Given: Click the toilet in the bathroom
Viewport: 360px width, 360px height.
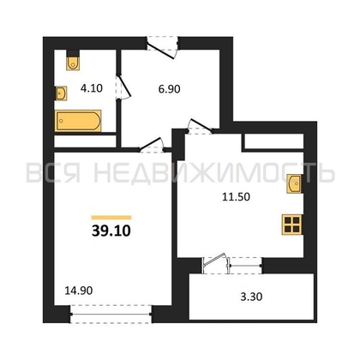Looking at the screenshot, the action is (73, 63).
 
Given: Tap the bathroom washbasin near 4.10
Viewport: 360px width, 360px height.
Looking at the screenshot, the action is (61, 93).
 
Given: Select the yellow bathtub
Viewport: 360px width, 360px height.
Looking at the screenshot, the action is (78, 121).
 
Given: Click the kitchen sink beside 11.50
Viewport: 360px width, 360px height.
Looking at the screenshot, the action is (295, 183).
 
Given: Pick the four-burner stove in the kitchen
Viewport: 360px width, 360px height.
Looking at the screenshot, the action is (292, 225).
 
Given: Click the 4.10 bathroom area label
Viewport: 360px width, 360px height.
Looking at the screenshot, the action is (92, 88).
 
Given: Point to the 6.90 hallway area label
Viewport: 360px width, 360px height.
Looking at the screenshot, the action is (169, 89).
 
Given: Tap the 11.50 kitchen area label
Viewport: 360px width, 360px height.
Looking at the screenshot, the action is (236, 197).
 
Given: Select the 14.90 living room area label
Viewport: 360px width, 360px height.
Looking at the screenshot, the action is (79, 291).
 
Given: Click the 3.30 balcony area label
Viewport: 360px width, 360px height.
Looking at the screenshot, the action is (251, 297).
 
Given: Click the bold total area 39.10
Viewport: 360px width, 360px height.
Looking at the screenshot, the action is (111, 231).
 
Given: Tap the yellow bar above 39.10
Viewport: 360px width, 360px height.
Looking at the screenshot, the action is (111, 218).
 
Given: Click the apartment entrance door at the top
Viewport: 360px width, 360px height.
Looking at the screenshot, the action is (162, 47).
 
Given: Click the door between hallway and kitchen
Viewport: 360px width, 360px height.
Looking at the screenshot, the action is (200, 127).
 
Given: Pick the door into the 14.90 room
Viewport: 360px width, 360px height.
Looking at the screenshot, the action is (152, 145).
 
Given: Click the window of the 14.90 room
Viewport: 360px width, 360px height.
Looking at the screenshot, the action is (111, 315).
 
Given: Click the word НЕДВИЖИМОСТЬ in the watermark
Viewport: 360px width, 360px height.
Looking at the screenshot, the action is (214, 173).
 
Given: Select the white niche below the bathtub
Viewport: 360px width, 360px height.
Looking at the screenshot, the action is (85, 141).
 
